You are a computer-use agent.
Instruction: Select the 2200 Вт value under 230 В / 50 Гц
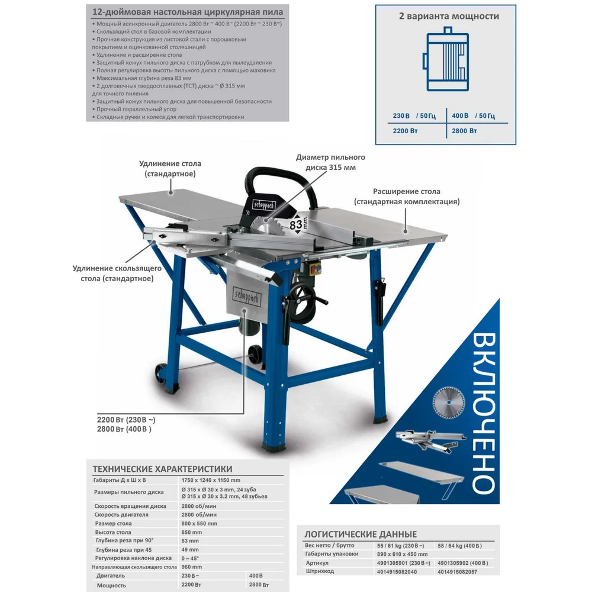405,131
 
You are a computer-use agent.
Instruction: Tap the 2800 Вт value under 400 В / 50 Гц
464,131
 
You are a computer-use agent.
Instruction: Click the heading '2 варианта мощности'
449,16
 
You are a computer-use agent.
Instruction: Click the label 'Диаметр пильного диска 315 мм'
330,162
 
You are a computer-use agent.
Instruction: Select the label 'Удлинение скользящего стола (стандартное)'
117,274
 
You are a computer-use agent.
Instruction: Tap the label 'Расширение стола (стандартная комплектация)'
407,197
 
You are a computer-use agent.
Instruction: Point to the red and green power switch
314,268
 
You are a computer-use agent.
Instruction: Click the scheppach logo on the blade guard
263,205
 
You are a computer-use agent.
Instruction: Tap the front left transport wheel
162,374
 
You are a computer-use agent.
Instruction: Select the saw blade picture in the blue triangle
449,403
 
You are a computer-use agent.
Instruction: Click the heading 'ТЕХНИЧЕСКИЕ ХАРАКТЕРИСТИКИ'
162,469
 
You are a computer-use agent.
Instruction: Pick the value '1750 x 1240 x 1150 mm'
211,480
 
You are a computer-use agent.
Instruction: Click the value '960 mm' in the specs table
191,567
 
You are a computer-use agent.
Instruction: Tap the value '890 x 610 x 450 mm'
402,554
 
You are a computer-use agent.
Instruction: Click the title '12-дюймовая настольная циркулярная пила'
188,12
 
